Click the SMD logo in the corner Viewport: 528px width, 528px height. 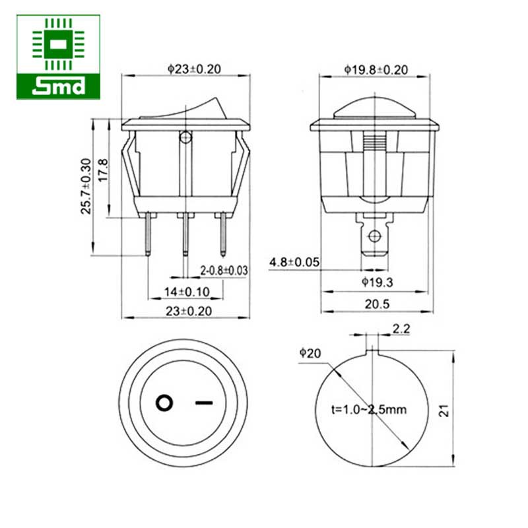[x=59, y=57]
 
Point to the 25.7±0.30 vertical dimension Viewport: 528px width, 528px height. [x=85, y=185]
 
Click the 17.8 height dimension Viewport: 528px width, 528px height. [x=102, y=170]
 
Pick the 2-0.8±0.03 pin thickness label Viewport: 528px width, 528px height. [x=224, y=270]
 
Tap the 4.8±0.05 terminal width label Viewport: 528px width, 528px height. [x=294, y=263]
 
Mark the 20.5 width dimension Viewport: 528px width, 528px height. [x=376, y=304]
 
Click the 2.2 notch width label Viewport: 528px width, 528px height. [x=401, y=328]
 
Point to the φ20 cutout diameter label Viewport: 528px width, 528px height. [x=310, y=354]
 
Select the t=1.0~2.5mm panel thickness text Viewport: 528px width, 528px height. [x=369, y=410]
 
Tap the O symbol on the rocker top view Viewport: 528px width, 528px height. [x=164, y=401]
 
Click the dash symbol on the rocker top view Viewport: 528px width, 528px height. [x=205, y=401]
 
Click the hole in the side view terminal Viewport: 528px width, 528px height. [x=376, y=236]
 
